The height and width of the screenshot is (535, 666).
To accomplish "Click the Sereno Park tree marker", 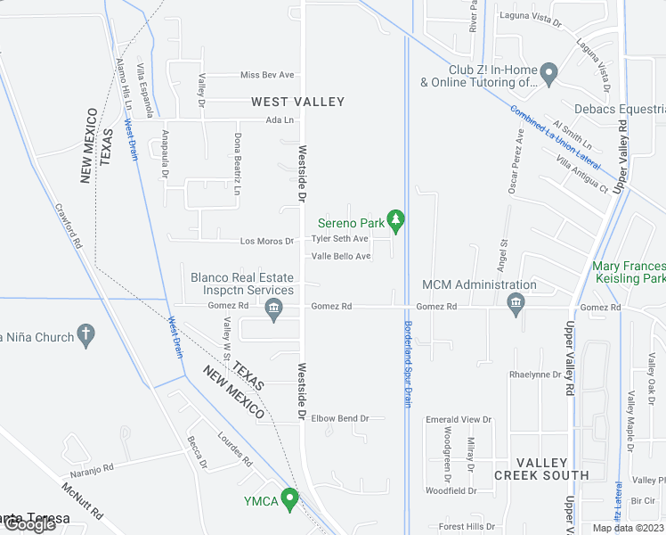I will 396,219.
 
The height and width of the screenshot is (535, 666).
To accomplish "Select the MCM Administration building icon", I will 515,305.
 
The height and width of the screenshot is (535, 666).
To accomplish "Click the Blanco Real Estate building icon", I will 273,309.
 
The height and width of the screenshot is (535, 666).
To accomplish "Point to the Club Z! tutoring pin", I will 549,74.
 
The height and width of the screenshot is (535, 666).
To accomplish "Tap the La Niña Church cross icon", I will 85,335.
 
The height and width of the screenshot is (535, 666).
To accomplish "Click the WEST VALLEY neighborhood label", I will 297,102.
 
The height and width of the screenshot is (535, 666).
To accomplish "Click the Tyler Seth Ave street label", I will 339,239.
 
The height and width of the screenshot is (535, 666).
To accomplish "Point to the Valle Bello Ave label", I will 340,257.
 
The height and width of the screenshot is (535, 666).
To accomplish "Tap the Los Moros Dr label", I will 266,241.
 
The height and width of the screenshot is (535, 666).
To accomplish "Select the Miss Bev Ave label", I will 267,75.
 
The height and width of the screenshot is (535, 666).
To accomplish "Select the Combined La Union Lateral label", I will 555,138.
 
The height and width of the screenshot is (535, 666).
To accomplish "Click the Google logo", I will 29,525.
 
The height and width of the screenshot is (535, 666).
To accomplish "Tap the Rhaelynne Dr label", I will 537,374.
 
